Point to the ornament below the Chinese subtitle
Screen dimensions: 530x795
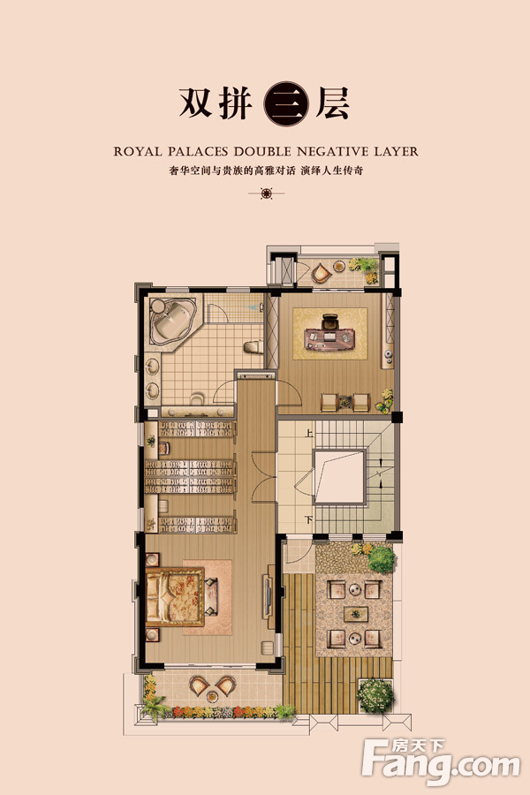pyautogui.click(x=266, y=193)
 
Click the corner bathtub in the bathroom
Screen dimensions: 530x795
pyautogui.click(x=172, y=322)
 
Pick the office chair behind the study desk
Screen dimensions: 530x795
pyautogui.click(x=329, y=322)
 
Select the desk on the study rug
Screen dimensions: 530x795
pyautogui.click(x=329, y=338)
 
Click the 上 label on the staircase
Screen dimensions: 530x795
pyautogui.click(x=309, y=434)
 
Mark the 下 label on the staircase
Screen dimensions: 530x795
pyautogui.click(x=309, y=519)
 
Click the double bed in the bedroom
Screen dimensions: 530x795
pyautogui.click(x=175, y=596)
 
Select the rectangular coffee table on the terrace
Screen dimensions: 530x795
pyautogui.click(x=355, y=614)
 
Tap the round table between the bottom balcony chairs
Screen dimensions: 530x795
pyautogui.click(x=213, y=697)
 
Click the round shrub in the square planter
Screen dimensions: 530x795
pyautogui.click(x=375, y=696)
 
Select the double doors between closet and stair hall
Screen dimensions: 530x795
pyautogui.click(x=264, y=477)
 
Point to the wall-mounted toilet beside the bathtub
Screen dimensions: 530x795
pyautogui.click(x=254, y=347)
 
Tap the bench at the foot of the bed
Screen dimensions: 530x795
pyautogui.click(x=211, y=596)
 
